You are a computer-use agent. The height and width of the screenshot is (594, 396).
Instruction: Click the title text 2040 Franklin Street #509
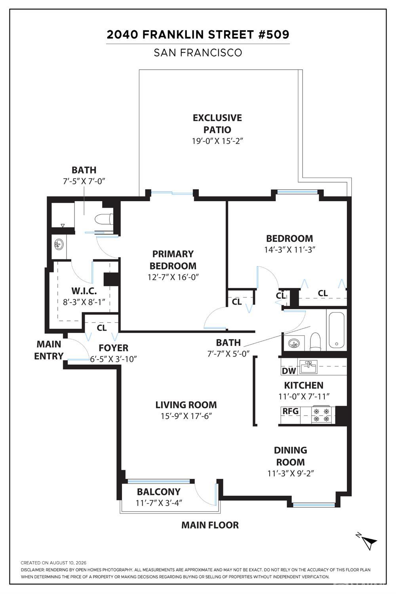pyautogui.click(x=198, y=35)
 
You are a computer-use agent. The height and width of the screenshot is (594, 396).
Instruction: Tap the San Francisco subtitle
pyautogui.click(x=198, y=53)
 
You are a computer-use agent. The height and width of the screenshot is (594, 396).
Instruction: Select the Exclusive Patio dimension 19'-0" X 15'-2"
pyautogui.click(x=217, y=141)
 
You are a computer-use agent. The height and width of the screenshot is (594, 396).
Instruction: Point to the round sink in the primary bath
pyautogui.click(x=59, y=244)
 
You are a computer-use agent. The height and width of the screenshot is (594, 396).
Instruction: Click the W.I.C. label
pyautogui.click(x=84, y=291)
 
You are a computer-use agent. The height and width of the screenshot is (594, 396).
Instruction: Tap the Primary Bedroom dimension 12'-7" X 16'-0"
pyautogui.click(x=173, y=277)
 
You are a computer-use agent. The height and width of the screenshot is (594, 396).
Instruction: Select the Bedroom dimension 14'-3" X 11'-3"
pyautogui.click(x=289, y=249)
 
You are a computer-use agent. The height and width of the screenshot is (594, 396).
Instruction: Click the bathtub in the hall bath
pyautogui.click(x=337, y=330)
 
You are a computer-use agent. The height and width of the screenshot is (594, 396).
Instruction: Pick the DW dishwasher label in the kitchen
pyautogui.click(x=289, y=371)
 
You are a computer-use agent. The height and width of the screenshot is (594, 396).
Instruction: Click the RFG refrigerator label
pyautogui.click(x=290, y=411)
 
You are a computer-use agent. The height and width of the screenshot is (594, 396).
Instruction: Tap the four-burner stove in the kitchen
pyautogui.click(x=321, y=415)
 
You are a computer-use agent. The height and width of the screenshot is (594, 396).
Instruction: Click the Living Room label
pyautogui.click(x=186, y=405)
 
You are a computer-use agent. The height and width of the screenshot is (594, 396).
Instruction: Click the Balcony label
pyautogui.click(x=159, y=492)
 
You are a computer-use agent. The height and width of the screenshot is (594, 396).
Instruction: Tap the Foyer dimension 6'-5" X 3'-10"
pyautogui.click(x=113, y=359)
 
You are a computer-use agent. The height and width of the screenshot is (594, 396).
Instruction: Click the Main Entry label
pyautogui.click(x=49, y=350)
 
